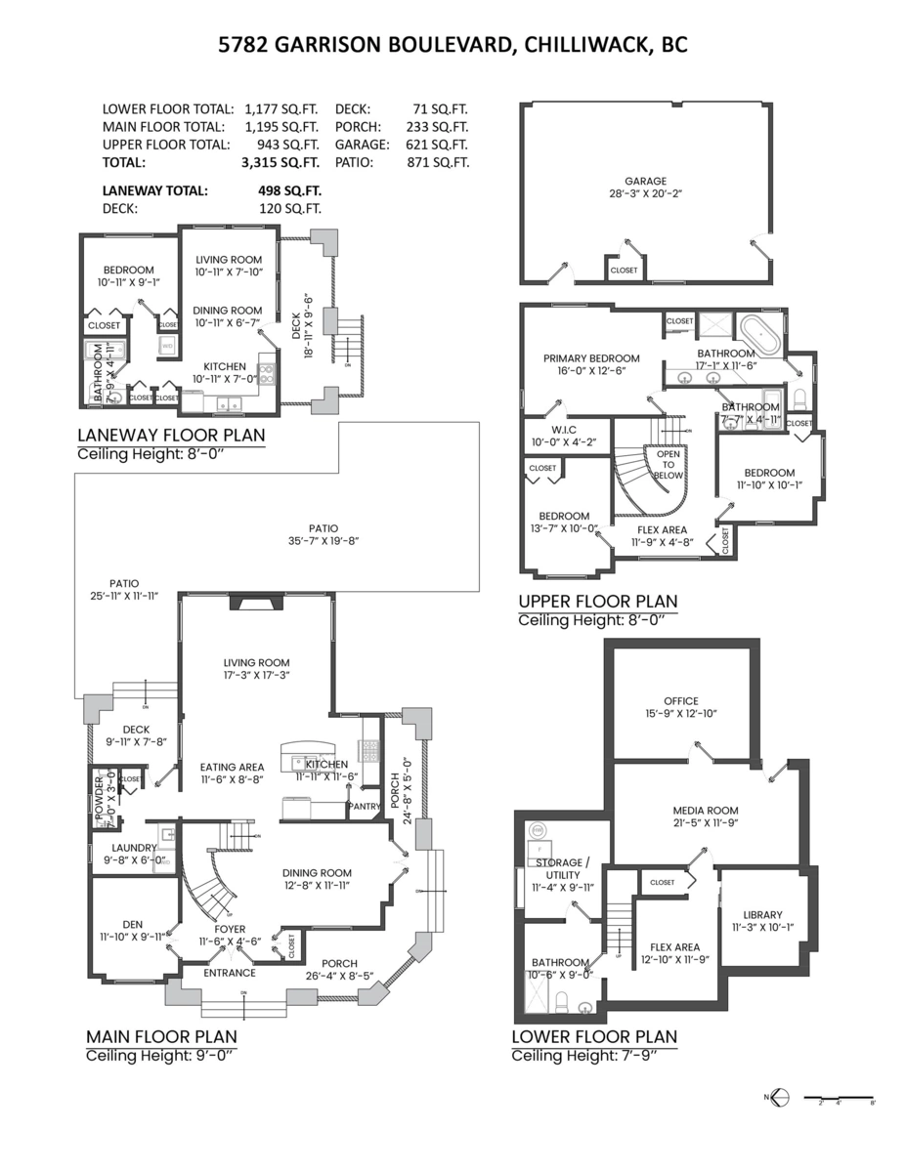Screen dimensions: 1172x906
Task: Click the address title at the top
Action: [453, 46]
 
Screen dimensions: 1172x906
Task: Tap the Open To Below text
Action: [669, 465]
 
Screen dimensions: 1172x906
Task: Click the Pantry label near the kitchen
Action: [365, 806]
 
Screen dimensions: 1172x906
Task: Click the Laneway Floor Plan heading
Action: [171, 436]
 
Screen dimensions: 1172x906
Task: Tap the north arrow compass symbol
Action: [778, 1097]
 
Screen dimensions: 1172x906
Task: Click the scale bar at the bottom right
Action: [838, 1097]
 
